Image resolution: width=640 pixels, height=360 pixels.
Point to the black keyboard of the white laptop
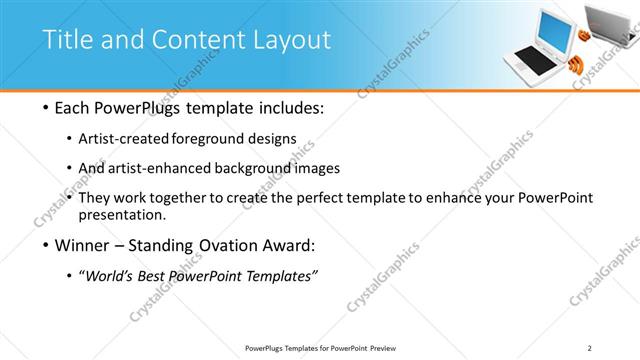(539, 62)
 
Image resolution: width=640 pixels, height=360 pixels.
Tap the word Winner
(81, 245)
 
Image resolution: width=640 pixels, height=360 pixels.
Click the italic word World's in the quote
(111, 276)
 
